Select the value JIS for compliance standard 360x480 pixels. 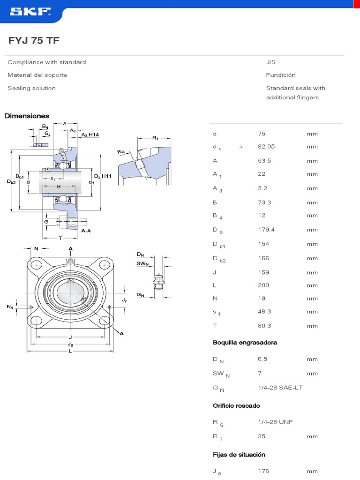point(270,62)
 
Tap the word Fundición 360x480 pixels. point(280,75)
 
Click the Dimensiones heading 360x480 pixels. point(27,116)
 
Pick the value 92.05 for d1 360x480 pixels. point(266,146)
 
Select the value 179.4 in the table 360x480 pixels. point(266,230)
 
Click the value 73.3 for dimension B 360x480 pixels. point(264,202)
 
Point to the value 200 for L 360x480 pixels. point(263,285)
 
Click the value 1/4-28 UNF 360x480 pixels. point(275,422)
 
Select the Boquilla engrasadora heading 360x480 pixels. point(245,343)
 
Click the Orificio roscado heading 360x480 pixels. point(236,405)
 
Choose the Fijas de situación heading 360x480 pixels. point(239,455)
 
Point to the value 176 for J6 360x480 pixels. point(263,471)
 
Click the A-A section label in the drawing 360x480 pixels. point(86,231)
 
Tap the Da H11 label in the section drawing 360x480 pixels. point(102,176)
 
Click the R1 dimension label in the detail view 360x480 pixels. point(156,138)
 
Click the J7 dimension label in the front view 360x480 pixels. point(124,300)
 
